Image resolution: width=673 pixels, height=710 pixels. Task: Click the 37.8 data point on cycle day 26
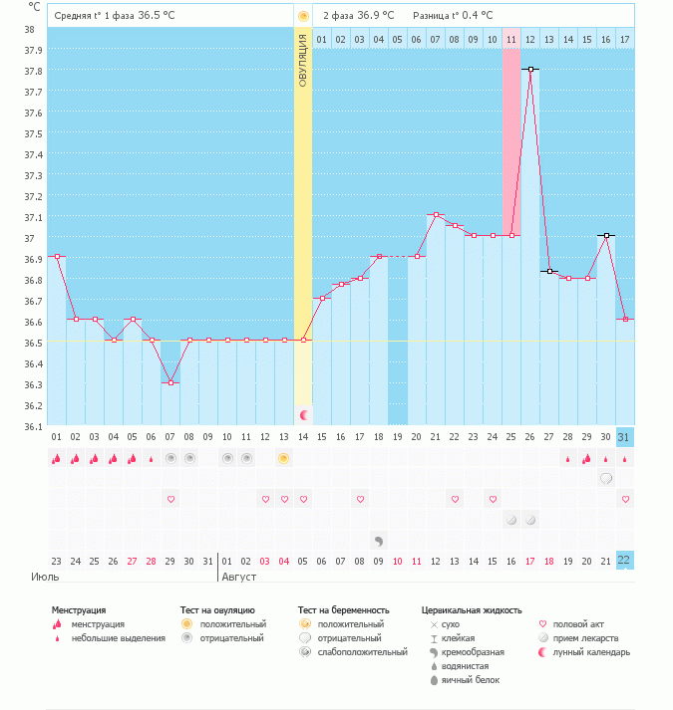(x=530, y=70)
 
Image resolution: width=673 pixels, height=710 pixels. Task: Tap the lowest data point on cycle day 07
(x=170, y=382)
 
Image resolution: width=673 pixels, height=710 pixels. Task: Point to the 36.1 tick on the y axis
(x=33, y=426)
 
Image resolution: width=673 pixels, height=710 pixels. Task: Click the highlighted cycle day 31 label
(x=624, y=438)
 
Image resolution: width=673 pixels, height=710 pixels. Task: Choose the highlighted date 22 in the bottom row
(x=624, y=560)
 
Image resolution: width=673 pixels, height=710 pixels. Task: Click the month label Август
(x=239, y=577)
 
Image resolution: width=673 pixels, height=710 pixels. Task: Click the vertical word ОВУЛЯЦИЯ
(x=303, y=60)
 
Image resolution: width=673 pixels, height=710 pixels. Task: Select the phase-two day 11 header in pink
(x=511, y=39)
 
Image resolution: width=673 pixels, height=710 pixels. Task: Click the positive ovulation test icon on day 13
(x=284, y=458)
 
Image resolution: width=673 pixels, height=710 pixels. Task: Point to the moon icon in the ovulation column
(x=304, y=413)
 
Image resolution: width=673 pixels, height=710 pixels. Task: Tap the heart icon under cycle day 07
(x=170, y=498)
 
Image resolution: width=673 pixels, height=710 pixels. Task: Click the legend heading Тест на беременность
(x=343, y=609)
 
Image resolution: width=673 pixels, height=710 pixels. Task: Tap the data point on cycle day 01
(x=57, y=257)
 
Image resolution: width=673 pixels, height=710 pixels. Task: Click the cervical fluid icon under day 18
(x=379, y=541)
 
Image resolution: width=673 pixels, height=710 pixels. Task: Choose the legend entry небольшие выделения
(x=118, y=638)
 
